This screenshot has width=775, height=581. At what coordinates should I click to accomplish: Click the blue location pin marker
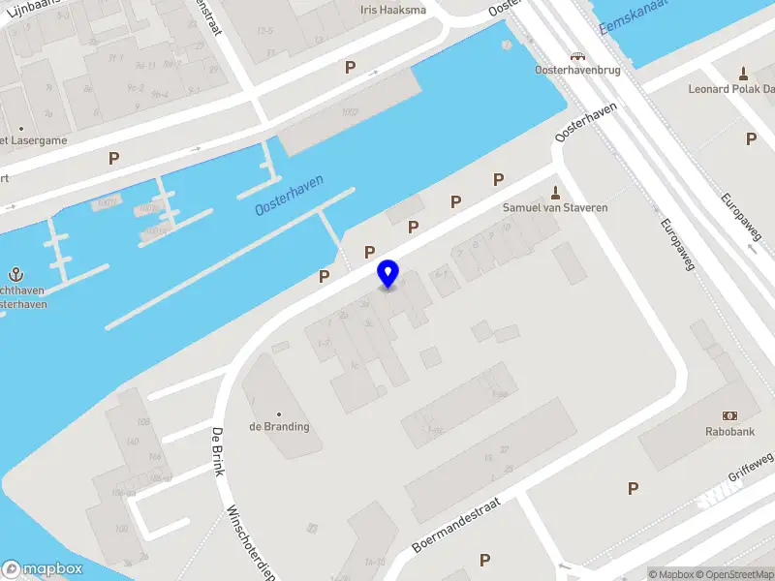pos(388,273)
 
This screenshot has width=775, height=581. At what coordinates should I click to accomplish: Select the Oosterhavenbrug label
pos(577,71)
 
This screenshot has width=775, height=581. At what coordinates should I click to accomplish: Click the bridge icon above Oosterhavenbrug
pos(577,56)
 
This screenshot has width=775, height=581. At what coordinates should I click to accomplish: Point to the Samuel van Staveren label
pos(555,208)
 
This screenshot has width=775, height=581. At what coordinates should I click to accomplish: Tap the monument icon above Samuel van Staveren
pos(555,191)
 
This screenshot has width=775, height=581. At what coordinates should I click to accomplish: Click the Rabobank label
pos(730,432)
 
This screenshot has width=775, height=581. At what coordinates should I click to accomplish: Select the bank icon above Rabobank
pos(730,415)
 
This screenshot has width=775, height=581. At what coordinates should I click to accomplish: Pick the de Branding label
pos(279,427)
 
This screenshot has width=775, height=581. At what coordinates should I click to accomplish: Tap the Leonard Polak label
pos(730,89)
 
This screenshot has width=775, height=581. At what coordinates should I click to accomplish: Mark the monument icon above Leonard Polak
pos(743,73)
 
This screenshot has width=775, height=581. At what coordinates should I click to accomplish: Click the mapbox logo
pos(43,569)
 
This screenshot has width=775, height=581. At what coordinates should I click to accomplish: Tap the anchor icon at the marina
pos(16,274)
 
